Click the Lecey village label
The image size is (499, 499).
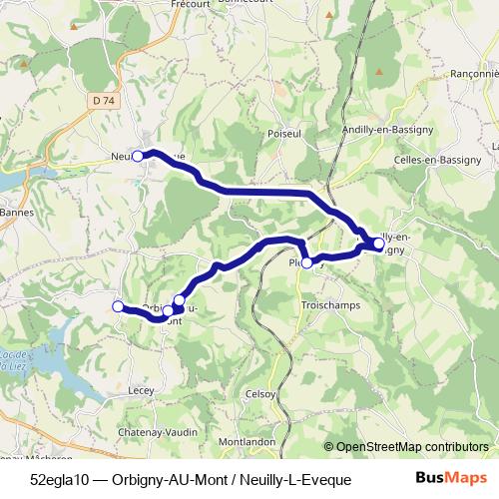(x=141, y=392)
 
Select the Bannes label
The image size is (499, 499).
(x=17, y=212)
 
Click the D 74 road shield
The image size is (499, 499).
(x=100, y=100)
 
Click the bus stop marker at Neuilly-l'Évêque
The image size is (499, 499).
(x=138, y=156)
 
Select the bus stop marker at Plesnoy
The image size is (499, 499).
(x=307, y=262)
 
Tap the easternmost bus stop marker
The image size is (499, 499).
(x=379, y=244)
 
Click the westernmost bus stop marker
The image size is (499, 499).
(x=118, y=306)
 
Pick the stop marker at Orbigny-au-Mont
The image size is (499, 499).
(x=180, y=300)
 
